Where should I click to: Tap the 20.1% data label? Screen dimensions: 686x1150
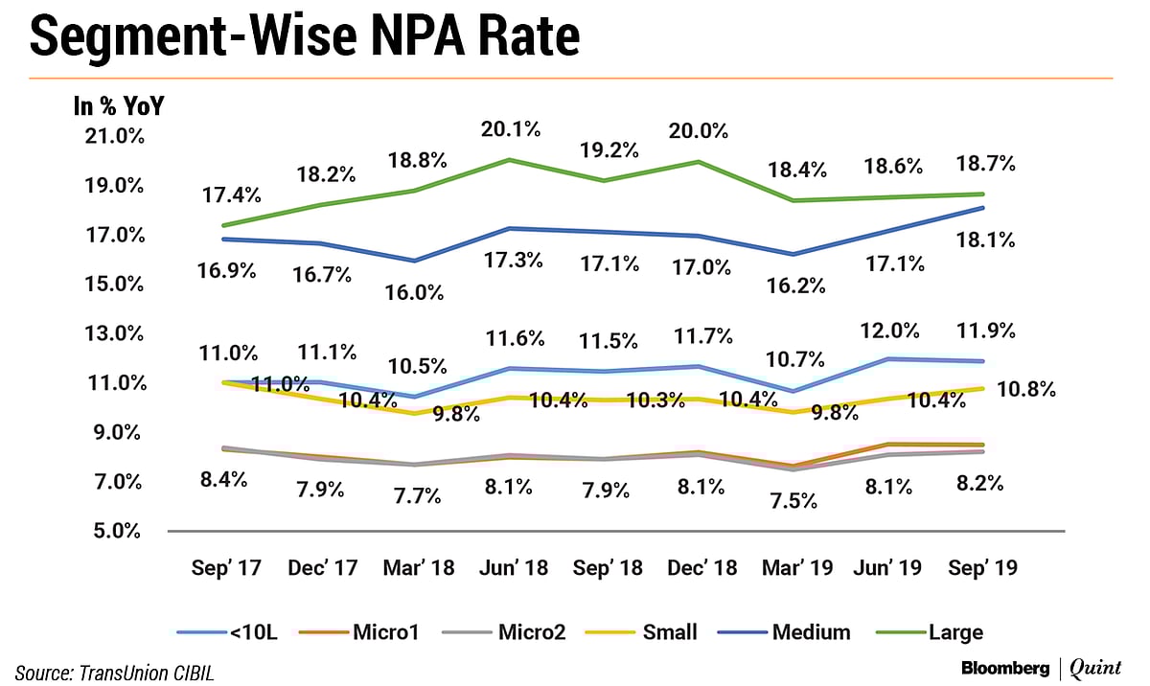pyautogui.click(x=513, y=128)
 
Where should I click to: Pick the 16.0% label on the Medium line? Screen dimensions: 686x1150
pyautogui.click(x=416, y=293)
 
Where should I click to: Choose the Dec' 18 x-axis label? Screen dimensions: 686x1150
pyautogui.click(x=701, y=568)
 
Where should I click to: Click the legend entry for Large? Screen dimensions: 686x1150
pyautogui.click(x=929, y=631)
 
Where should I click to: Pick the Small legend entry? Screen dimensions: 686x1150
pyautogui.click(x=643, y=631)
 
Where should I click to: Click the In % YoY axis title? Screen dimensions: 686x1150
pyautogui.click(x=119, y=106)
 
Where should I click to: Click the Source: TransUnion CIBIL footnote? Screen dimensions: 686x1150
pyautogui.click(x=114, y=673)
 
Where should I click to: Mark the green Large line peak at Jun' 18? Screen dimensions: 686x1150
pyautogui.click(x=513, y=160)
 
